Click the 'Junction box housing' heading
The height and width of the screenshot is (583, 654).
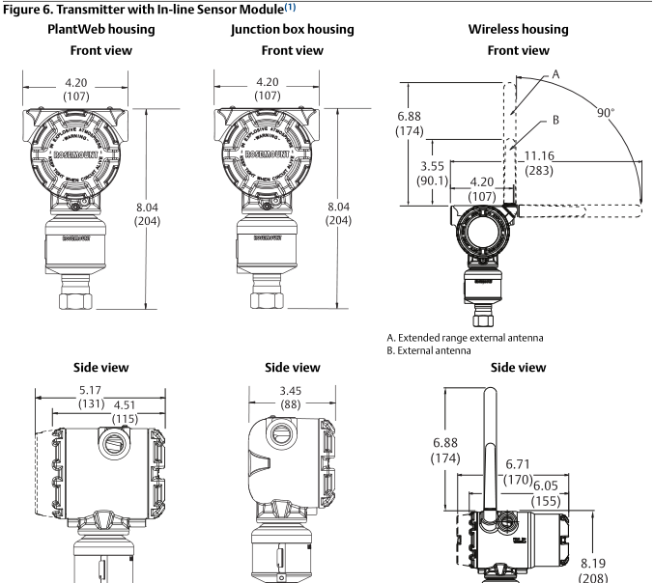point(292,30)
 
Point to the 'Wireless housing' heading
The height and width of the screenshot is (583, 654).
point(518,30)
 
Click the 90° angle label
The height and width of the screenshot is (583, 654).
point(605,113)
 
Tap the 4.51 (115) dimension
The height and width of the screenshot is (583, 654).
point(124,412)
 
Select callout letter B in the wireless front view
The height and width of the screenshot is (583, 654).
point(555,121)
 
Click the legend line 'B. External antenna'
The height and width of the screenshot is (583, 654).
point(428,349)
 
